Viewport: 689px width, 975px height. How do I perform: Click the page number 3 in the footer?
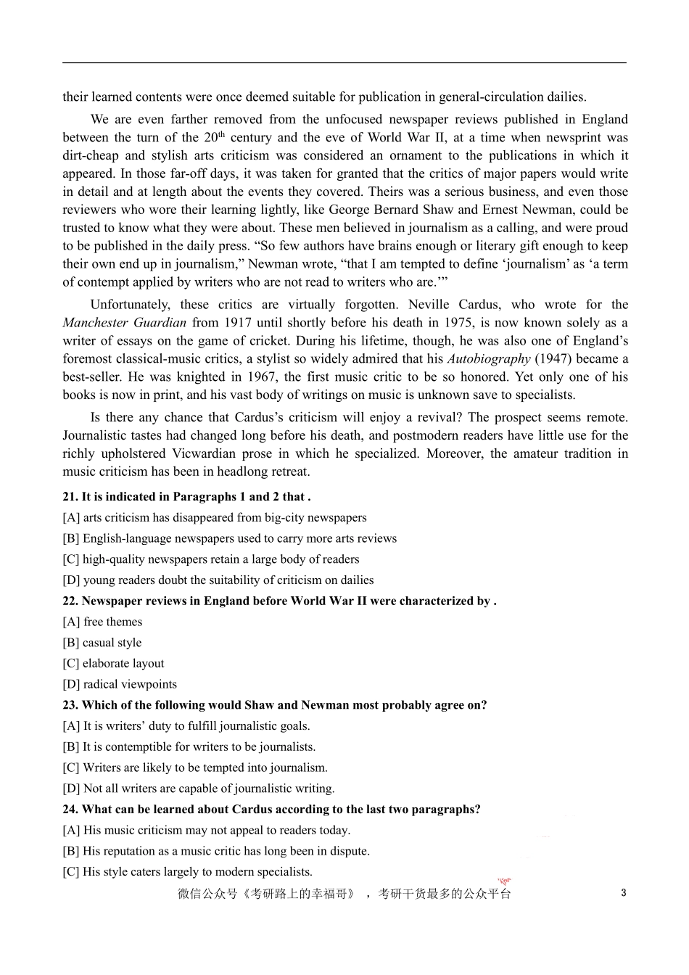click(x=624, y=893)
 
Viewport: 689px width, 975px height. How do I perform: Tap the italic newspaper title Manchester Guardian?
click(x=124, y=323)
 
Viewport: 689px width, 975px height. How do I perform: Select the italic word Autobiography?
click(x=488, y=359)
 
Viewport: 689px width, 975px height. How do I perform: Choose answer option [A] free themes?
click(x=102, y=622)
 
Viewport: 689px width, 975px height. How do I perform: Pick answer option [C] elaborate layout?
click(x=113, y=664)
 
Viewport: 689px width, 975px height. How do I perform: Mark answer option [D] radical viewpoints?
click(x=120, y=684)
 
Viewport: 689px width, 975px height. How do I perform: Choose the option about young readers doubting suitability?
click(x=218, y=580)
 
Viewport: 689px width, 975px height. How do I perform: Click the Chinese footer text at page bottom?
click(x=344, y=894)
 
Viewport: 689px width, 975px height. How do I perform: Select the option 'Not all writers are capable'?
click(x=199, y=789)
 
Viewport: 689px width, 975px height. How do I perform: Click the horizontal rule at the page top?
click(x=344, y=63)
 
